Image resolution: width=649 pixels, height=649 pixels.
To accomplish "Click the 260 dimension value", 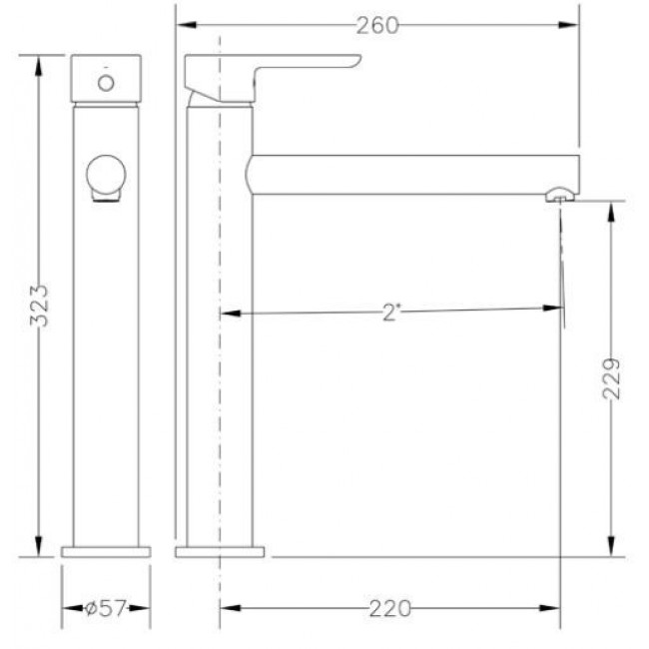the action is click(377, 26).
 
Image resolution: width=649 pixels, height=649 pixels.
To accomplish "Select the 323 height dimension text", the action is click(39, 306).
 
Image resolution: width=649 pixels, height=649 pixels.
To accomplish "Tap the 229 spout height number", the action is click(612, 379).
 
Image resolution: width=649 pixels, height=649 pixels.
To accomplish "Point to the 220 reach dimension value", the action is click(389, 608).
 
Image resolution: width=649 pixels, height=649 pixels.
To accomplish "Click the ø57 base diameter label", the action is click(105, 608).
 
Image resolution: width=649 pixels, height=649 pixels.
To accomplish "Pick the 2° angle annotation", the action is click(391, 313).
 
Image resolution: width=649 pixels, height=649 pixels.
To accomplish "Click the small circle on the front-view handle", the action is click(106, 83).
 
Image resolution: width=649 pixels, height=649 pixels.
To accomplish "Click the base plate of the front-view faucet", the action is click(106, 552).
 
